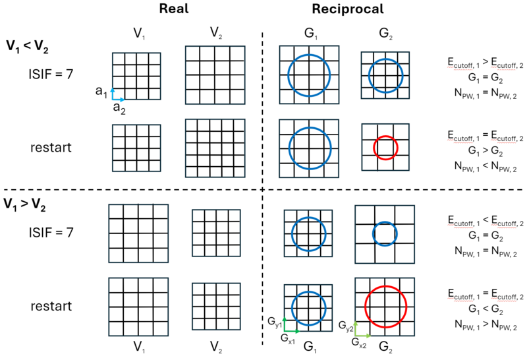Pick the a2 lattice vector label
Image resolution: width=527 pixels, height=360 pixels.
[120, 107]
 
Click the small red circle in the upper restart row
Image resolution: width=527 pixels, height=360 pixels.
[385, 147]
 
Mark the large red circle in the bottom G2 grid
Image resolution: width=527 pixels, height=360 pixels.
[385, 307]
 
